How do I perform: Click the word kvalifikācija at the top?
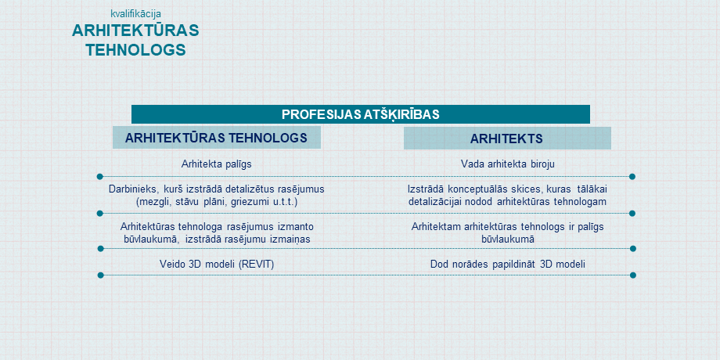[136, 14]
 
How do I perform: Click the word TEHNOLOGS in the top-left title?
[136, 49]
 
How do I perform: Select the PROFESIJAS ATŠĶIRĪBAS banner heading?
[361, 114]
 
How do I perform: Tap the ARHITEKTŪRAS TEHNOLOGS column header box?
[216, 138]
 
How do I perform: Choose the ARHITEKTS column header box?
[507, 139]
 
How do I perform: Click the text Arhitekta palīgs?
[216, 164]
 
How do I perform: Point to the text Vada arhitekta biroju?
[507, 164]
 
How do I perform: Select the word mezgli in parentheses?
[153, 202]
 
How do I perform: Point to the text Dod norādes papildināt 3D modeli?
[507, 264]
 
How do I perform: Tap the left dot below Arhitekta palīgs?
[99, 176]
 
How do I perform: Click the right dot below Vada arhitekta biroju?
[632, 176]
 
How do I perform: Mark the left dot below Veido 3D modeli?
[100, 275]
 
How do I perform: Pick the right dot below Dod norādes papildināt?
[633, 275]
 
